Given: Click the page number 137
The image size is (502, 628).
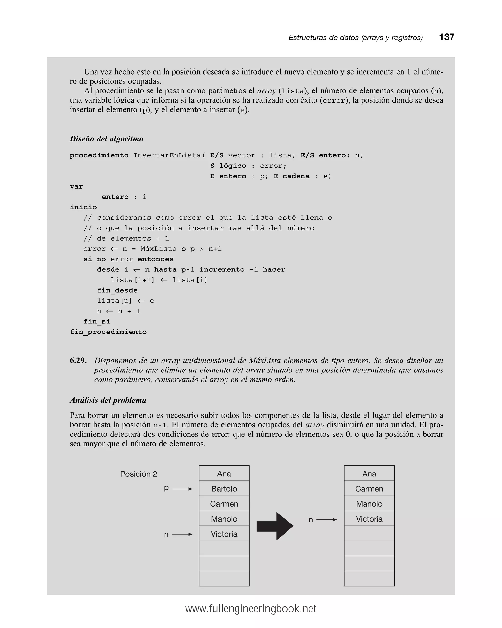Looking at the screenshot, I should coord(446,37).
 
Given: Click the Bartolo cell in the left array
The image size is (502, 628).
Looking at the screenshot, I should coord(224,489).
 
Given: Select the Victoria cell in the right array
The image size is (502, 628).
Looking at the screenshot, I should coord(369,519).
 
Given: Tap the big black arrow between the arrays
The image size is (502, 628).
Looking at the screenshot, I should coord(275,526).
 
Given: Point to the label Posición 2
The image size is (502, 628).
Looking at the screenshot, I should coord(138,474).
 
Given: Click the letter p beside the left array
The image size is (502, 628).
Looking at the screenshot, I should coord(166,488).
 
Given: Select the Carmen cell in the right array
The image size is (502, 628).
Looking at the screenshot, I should coord(369,489).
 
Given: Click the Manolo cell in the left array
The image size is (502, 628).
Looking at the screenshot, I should coord(224,519).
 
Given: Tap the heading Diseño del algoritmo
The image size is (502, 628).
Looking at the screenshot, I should coord(107,139).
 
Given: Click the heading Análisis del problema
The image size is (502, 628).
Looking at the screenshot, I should coord(108,400).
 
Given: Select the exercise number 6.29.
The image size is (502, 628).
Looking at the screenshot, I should coord(78,361).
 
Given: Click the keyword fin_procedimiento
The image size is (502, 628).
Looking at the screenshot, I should coord(108,332).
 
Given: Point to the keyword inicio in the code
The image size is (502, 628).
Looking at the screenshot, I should coord(83,207).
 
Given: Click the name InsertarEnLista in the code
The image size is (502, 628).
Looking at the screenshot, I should coord(167,155).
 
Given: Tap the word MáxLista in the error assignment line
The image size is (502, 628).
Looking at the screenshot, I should coord(158,249).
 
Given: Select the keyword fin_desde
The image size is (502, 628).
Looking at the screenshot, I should coord(117,290).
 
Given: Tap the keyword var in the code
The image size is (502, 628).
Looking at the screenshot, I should coord(76,186).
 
